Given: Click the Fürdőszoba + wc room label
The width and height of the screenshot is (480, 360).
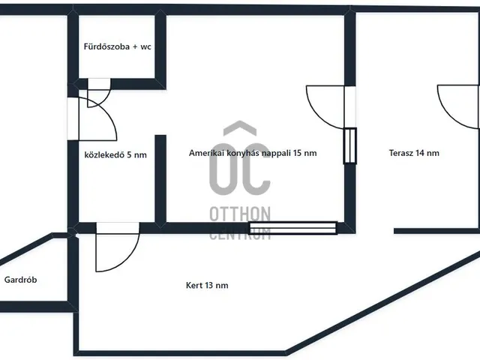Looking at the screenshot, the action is pyautogui.click(x=118, y=46).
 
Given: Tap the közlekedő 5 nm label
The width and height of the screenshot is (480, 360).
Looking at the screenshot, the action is pyautogui.click(x=115, y=155).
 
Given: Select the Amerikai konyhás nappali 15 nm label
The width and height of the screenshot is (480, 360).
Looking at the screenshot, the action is pyautogui.click(x=253, y=153).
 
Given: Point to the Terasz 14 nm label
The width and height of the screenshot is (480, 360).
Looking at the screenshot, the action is pyautogui.click(x=414, y=153).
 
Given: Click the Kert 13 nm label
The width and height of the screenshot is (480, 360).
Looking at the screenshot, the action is pyautogui.click(x=207, y=285).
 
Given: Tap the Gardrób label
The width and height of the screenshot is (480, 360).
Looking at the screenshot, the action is pyautogui.click(x=20, y=280).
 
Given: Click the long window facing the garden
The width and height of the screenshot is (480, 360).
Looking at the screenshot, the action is pyautogui.click(x=293, y=228).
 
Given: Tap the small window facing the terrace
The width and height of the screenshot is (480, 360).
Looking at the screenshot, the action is pyautogui.click(x=350, y=145).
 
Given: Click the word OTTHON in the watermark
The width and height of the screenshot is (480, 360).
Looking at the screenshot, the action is pyautogui.click(x=240, y=214).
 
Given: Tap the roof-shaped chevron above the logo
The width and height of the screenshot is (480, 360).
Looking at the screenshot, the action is pyautogui.click(x=240, y=127).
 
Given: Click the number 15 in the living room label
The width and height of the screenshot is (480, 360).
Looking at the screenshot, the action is pyautogui.click(x=297, y=153).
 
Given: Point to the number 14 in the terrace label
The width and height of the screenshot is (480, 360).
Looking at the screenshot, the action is pyautogui.click(x=418, y=153).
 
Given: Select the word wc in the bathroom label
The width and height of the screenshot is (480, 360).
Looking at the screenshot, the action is pyautogui.click(x=145, y=47).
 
